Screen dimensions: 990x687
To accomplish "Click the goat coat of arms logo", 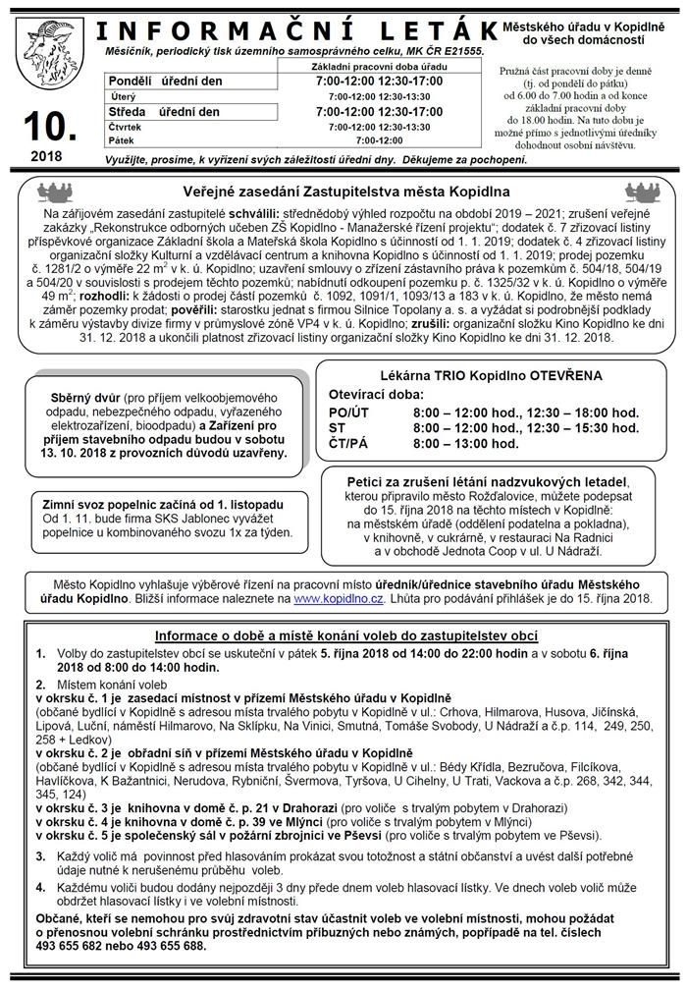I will pos(46,46).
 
